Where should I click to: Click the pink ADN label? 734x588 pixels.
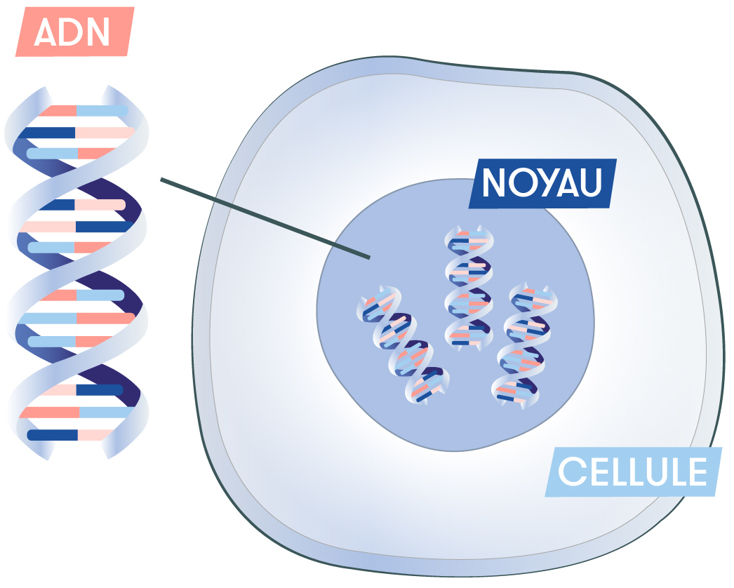(75, 32)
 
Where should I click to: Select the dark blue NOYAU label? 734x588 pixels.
(543, 183)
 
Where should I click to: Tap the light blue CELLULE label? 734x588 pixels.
(634, 472)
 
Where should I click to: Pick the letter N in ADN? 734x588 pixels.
(98, 32)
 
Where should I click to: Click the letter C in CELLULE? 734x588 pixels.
(570, 472)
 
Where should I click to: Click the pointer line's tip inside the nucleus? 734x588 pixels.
(370, 258)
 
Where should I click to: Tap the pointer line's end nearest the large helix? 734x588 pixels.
(161, 179)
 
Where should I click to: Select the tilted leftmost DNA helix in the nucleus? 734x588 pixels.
(403, 345)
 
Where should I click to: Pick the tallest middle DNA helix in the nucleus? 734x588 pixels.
(469, 286)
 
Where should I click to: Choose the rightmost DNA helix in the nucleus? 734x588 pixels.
(524, 345)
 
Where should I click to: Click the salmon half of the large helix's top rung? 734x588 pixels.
(58, 111)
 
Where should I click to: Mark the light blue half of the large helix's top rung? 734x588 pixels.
(102, 111)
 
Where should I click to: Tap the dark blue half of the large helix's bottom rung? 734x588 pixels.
(53, 435)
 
